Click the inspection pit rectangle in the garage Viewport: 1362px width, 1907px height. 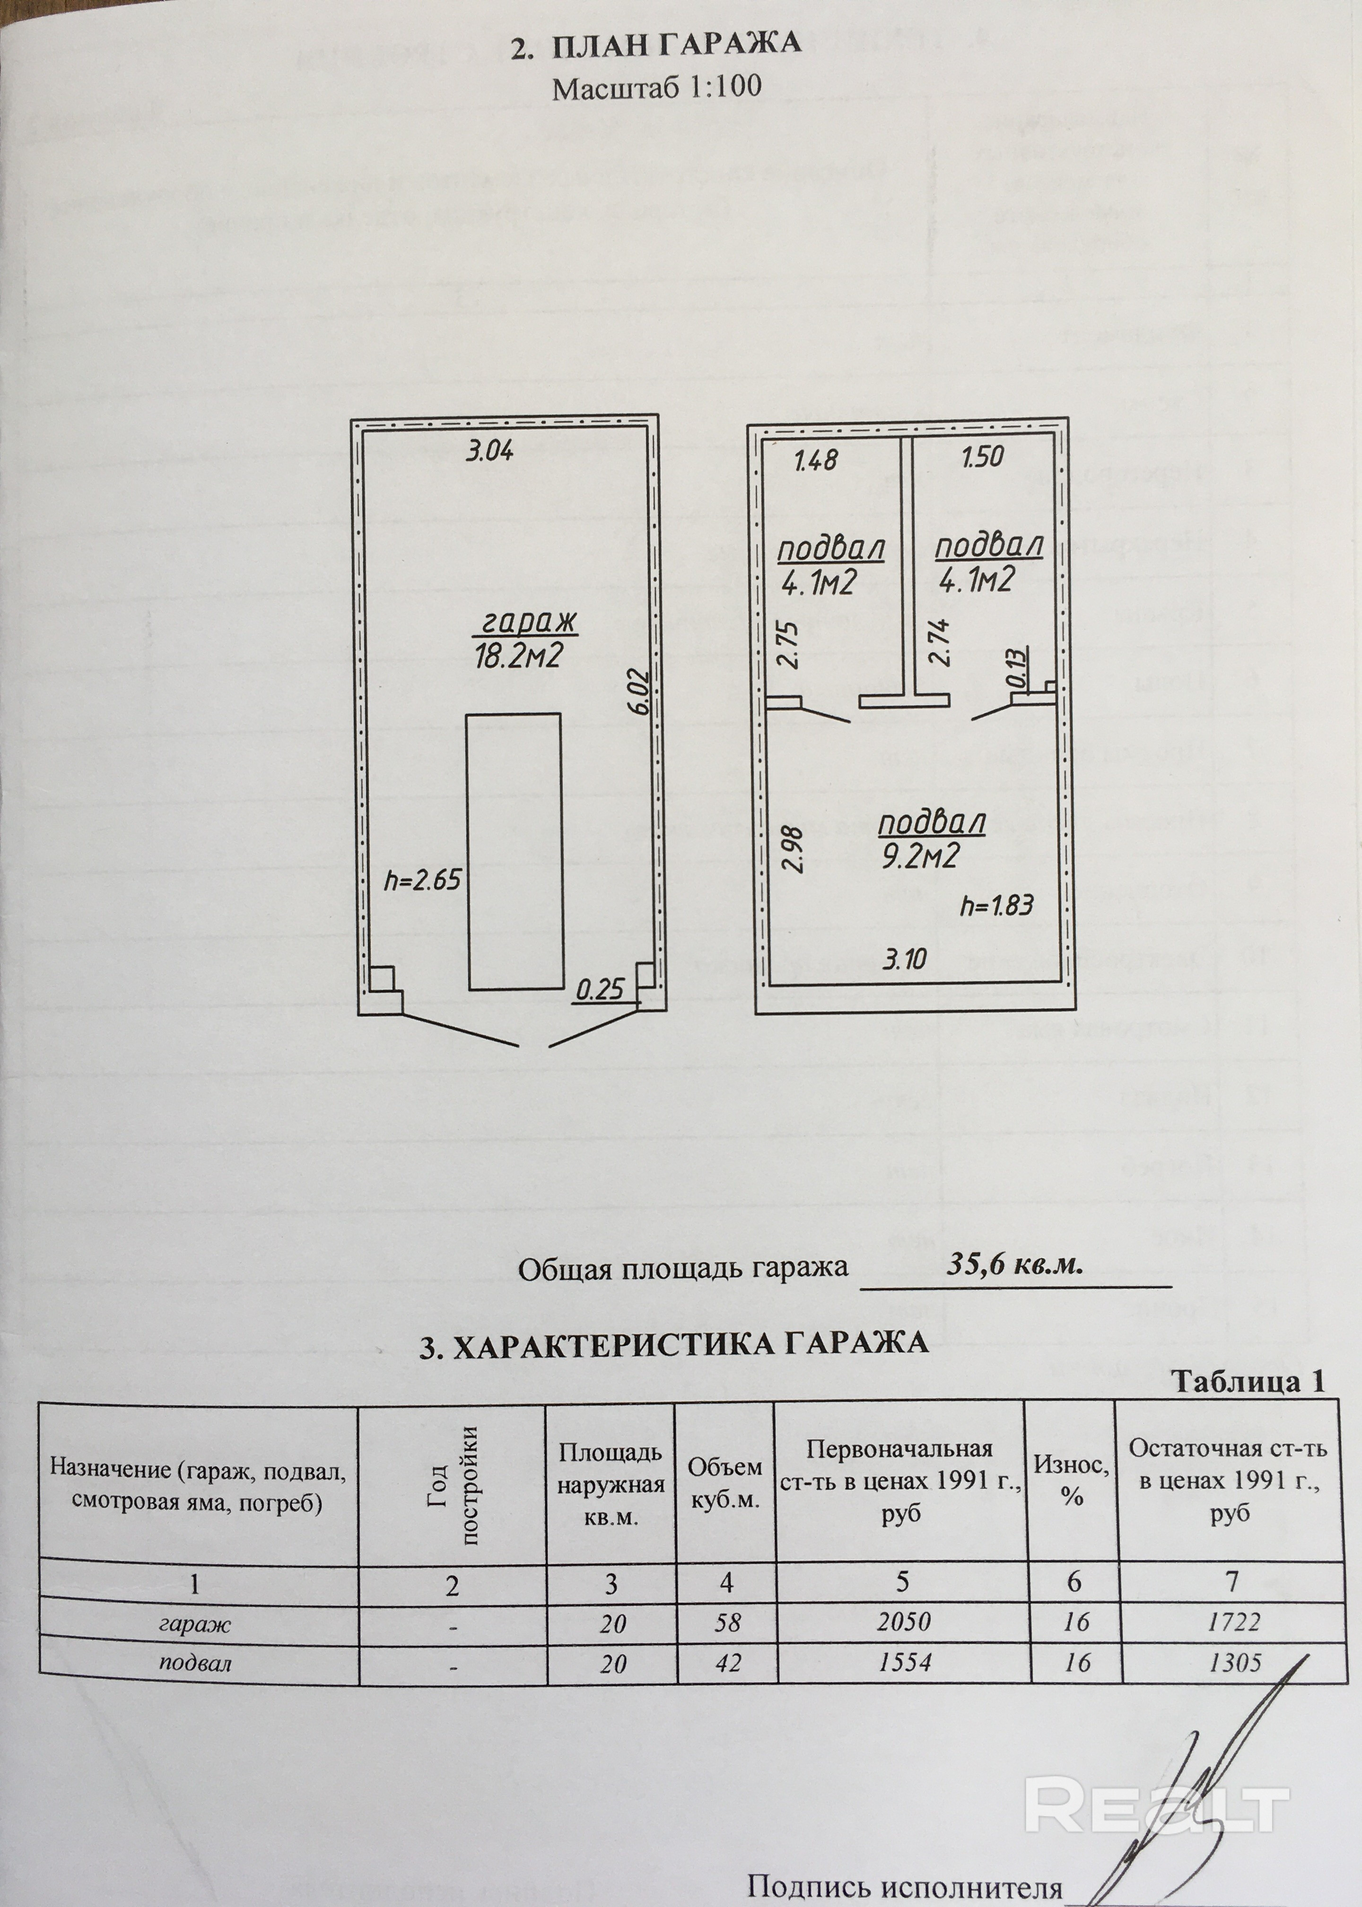513,850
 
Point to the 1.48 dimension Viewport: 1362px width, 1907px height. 814,459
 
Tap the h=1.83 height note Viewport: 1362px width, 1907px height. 996,906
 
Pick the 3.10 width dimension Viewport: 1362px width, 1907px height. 904,958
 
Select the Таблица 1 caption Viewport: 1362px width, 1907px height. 1247,1381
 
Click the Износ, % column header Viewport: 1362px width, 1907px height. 1072,1480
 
